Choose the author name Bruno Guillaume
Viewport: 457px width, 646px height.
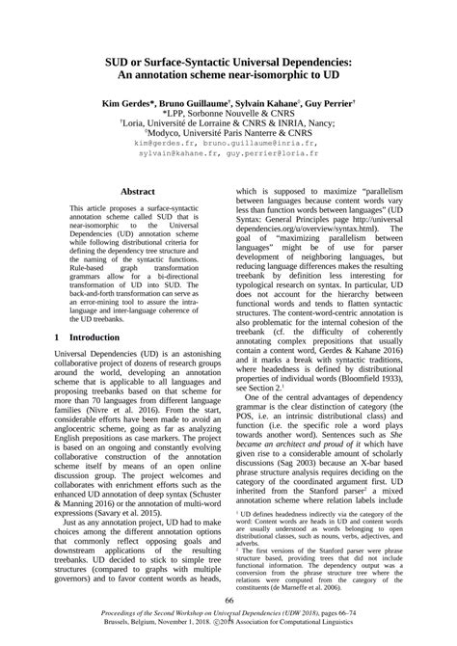pos(203,101)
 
